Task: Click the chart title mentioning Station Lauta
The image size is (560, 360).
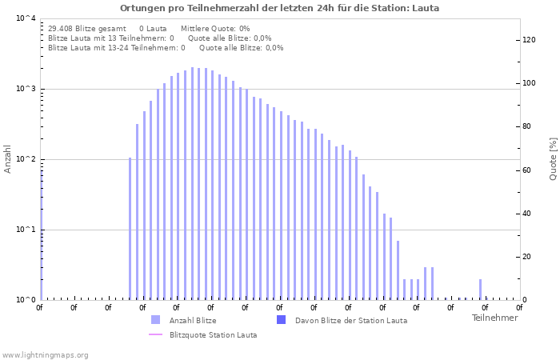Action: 279,8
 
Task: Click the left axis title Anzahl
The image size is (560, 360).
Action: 8,158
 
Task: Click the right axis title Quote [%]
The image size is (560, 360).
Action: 553,158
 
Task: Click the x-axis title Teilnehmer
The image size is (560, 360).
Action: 494,318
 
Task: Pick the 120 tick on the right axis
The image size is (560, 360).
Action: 529,40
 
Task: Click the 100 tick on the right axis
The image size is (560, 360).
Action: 529,83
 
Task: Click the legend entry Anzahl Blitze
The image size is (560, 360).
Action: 193,321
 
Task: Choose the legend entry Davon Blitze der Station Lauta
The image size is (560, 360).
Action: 350,321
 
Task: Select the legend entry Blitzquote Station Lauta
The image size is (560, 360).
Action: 213,335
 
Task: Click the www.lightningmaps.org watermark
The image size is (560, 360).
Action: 46,355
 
